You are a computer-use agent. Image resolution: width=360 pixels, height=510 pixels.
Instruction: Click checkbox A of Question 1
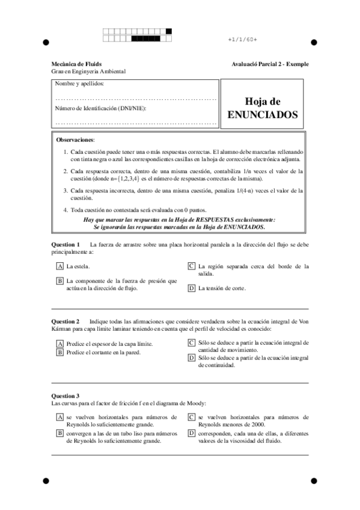tap(59, 265)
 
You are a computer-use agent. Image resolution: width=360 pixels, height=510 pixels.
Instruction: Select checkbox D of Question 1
tap(191, 288)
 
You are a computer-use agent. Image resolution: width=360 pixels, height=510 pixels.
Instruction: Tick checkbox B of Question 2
tap(59, 352)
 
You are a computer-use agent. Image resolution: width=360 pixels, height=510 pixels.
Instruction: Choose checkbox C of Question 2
tap(191, 343)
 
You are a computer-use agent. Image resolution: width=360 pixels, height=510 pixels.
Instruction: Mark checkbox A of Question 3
tap(59, 416)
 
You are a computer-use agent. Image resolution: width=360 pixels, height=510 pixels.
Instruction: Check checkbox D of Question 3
tap(191, 432)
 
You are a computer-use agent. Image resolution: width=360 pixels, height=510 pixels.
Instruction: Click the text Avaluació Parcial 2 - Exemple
tap(269, 64)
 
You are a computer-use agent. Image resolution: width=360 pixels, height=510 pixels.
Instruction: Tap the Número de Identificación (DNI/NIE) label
tap(100, 108)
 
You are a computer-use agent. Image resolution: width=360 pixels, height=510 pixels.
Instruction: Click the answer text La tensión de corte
tap(222, 288)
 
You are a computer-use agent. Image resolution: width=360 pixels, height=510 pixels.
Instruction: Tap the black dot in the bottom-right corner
tap(313, 481)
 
